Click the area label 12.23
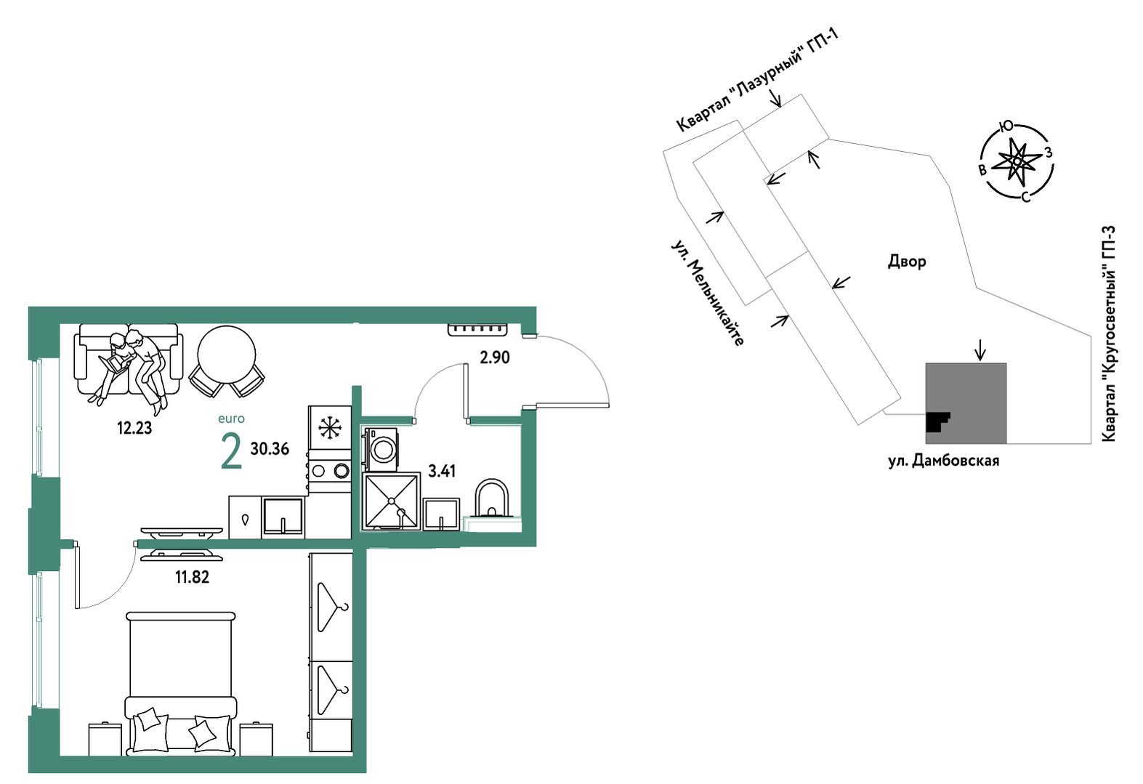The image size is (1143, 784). click(x=134, y=428)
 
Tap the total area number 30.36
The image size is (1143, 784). click(x=270, y=449)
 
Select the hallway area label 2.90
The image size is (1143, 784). click(x=495, y=357)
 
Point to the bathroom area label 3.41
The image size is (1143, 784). click(x=442, y=471)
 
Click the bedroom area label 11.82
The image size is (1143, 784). click(x=193, y=577)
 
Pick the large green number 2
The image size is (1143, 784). click(x=231, y=452)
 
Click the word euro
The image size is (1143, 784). click(x=232, y=419)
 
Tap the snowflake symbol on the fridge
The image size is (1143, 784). click(x=330, y=427)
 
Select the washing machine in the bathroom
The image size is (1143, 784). click(x=381, y=449)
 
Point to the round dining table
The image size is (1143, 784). click(x=227, y=355)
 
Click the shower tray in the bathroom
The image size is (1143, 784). click(x=392, y=501)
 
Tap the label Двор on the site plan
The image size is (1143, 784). click(x=908, y=262)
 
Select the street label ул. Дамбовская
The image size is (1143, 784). click(x=944, y=461)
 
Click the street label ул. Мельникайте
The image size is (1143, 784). click(x=707, y=293)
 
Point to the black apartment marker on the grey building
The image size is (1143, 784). click(x=937, y=421)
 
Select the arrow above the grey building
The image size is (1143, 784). click(x=980, y=352)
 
